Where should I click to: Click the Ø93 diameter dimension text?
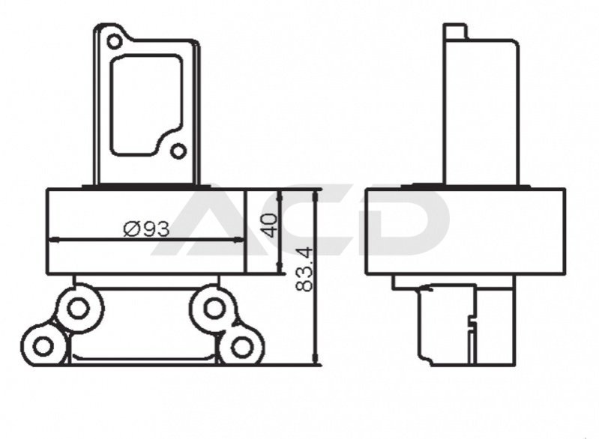(146, 228)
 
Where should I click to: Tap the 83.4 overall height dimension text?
(304, 269)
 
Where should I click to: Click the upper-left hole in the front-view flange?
(114, 41)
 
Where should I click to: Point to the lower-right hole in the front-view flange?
(178, 151)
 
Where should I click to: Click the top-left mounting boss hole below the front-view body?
(78, 308)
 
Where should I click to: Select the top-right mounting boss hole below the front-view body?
(212, 308)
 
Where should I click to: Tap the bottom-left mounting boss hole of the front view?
(43, 347)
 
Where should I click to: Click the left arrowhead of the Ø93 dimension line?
(53, 240)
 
